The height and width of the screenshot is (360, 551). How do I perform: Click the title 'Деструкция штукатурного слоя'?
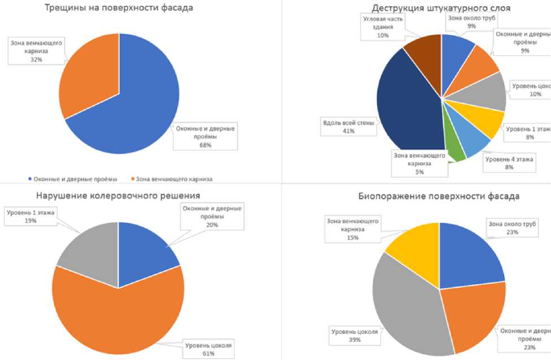coord(441,8)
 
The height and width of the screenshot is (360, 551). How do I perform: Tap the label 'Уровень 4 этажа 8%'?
coord(509,163)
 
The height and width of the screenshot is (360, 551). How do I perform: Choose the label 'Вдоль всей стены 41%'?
coord(348,127)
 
